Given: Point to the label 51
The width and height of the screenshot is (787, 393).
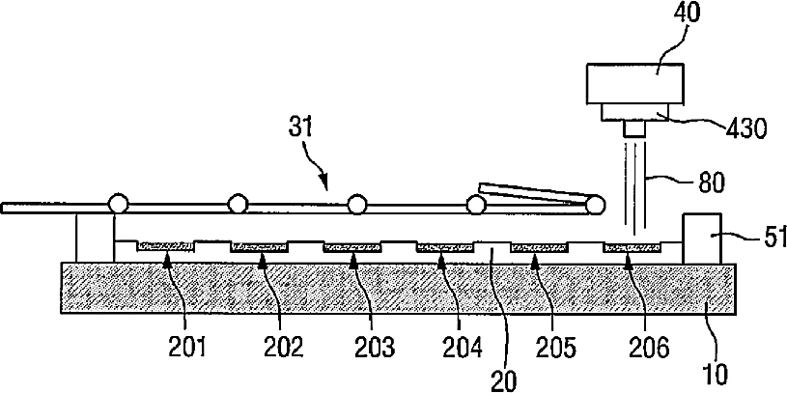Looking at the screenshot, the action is tap(774, 237).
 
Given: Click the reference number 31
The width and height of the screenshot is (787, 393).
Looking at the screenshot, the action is tap(300, 127).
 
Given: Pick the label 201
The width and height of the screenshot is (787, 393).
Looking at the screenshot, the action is tap(186, 347).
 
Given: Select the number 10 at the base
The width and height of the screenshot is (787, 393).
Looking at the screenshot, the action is tap(714, 374).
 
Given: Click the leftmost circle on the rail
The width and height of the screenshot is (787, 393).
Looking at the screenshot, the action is tap(119, 205).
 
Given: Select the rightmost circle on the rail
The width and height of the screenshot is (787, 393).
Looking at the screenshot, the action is tap(595, 205).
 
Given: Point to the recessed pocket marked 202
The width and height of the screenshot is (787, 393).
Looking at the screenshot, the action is tap(259, 247).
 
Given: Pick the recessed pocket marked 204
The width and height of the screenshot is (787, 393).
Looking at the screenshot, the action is tap(445, 247).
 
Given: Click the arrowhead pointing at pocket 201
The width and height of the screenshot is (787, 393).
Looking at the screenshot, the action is tap(167, 259).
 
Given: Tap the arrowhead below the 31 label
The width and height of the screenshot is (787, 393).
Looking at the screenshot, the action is tap(323, 180).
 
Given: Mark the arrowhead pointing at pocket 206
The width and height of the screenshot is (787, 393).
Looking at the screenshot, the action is tap(628, 259).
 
